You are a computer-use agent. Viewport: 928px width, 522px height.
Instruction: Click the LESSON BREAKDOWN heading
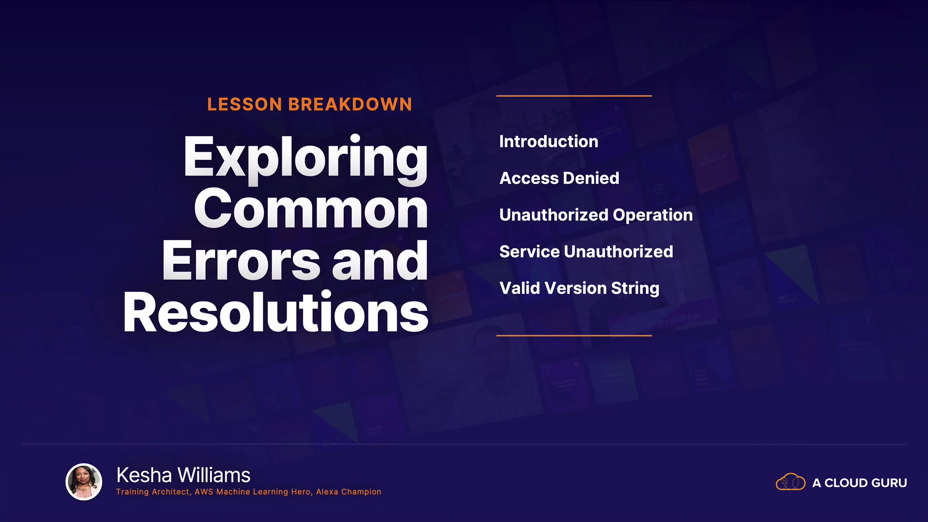[x=309, y=104]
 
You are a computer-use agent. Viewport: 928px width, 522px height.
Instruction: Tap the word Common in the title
[x=311, y=209]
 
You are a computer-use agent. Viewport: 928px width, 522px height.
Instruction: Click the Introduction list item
[x=549, y=142]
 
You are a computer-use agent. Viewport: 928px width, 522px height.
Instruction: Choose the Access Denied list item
[x=559, y=178]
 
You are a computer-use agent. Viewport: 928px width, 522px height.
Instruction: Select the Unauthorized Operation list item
[x=596, y=215]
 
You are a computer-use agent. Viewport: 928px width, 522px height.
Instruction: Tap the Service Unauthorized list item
[x=586, y=252]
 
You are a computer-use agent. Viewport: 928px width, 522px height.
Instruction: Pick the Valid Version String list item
[x=579, y=289]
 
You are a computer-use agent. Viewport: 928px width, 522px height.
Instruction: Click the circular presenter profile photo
[x=84, y=482]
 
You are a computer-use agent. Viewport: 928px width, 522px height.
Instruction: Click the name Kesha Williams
[x=184, y=475]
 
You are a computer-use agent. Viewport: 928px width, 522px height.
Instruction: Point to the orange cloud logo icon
[x=791, y=482]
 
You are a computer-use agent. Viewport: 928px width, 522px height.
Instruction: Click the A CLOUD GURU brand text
[x=859, y=483]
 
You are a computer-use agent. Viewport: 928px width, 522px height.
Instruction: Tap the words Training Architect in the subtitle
[x=153, y=492]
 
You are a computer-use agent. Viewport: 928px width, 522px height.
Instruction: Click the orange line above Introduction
[x=574, y=96]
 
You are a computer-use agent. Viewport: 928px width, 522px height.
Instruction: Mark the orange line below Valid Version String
[x=574, y=335]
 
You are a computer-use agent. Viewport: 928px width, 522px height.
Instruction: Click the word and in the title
[x=380, y=261]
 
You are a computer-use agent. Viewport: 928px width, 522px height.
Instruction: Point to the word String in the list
[x=635, y=289]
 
